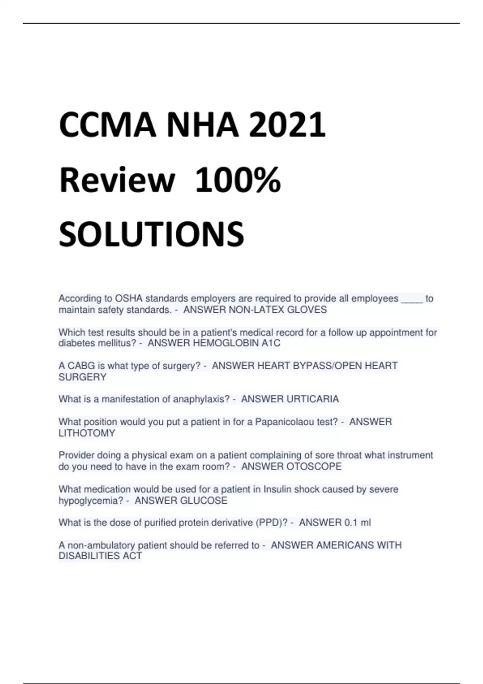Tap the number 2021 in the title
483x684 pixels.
[287, 125]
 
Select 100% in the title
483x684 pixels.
[238, 180]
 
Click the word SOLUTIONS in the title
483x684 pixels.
[151, 235]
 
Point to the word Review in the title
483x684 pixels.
[117, 180]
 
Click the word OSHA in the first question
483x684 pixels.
[129, 299]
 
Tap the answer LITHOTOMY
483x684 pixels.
[87, 433]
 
